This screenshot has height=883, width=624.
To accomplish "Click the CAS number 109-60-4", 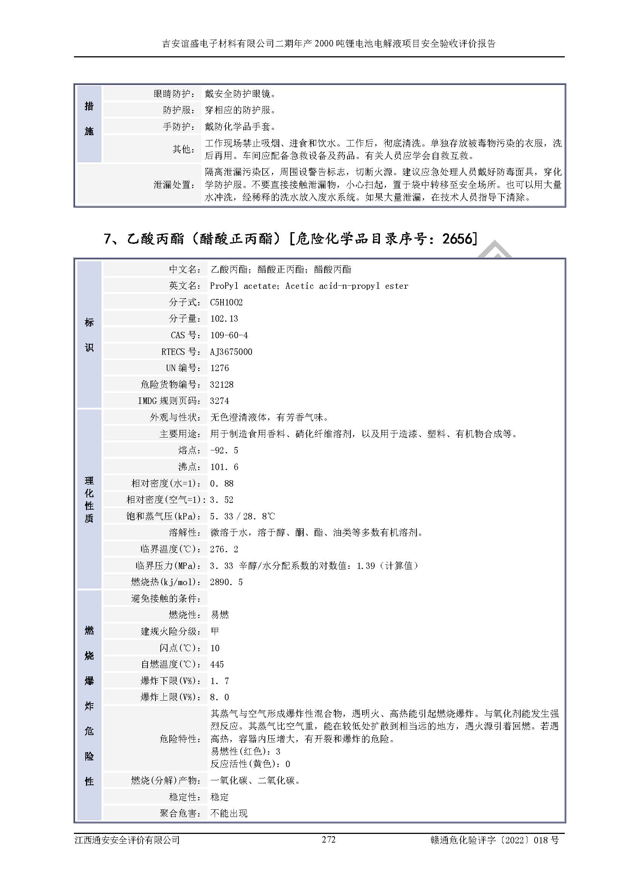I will [229, 335].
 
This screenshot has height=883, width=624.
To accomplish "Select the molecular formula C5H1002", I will [226, 302].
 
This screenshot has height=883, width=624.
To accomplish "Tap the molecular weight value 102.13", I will [224, 319].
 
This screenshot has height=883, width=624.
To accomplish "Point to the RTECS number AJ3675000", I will [231, 351].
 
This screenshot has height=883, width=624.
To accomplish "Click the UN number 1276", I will [220, 368].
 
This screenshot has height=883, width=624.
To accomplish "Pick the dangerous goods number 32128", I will [222, 384].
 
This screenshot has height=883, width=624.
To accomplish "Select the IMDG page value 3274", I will [220, 401].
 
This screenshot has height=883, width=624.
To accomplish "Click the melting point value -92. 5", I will [224, 450].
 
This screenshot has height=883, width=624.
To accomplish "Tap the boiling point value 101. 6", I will [224, 467].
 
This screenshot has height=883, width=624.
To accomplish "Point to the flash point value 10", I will [215, 648].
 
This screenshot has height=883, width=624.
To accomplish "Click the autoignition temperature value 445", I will [217, 664].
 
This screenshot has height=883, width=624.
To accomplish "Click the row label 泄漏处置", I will [174, 185].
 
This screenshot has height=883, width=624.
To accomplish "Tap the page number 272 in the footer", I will [329, 840].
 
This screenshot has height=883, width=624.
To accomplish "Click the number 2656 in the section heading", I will [457, 239].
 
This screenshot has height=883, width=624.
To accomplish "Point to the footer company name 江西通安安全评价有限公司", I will [127, 840].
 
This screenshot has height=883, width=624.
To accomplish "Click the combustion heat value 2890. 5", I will [226, 582].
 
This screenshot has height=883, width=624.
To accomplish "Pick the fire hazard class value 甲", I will [215, 631].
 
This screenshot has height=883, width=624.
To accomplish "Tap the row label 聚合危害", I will [180, 813].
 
